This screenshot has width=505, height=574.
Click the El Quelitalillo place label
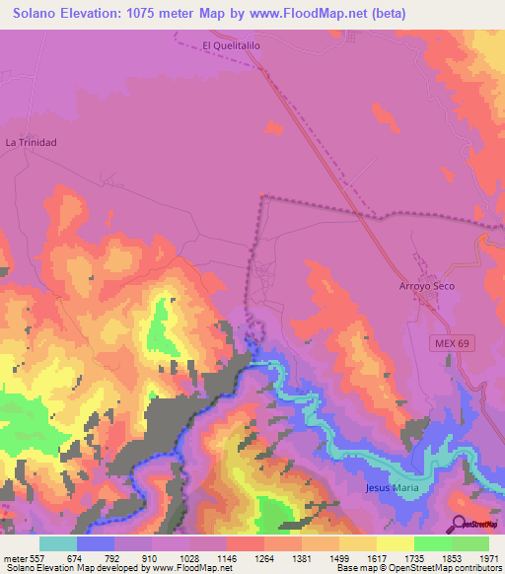click(231, 45)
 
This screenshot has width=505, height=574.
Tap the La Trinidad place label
click(32, 142)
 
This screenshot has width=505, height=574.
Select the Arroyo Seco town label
click(426, 286)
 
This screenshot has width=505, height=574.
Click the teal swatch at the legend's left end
click(57, 543)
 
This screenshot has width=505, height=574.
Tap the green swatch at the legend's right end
click(470, 543)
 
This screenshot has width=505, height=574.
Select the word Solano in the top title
click(36, 14)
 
